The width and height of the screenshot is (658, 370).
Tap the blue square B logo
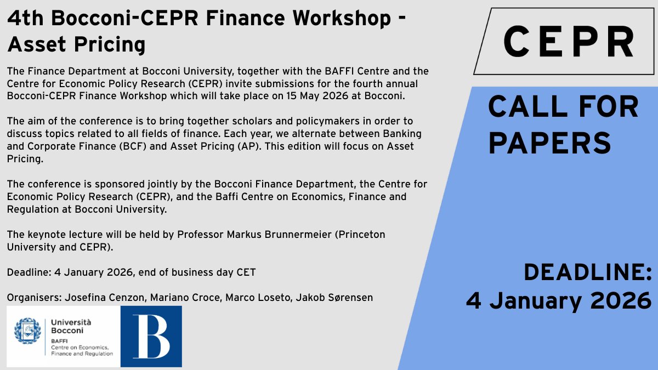[151, 336]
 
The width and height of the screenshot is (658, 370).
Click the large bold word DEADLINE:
[587, 272]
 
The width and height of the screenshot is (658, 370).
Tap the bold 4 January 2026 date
[559, 300]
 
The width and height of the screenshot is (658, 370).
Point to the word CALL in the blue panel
[527, 107]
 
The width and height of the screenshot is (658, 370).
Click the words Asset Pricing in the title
[76, 44]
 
